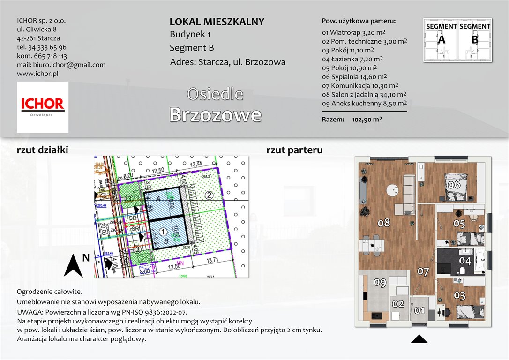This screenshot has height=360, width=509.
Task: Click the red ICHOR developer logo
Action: [43, 107]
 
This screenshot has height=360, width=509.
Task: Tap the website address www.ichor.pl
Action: [37, 74]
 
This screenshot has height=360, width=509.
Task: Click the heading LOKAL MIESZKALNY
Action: [217, 22]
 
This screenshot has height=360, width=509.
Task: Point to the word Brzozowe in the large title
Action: [215, 114]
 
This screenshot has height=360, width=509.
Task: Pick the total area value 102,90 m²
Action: [367, 120]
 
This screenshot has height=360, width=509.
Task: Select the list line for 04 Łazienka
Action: [352, 59]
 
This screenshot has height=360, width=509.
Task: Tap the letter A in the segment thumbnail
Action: [441, 40]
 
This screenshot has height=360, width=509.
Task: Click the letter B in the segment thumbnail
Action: [474, 40]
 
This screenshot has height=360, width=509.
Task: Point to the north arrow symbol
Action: [74, 265]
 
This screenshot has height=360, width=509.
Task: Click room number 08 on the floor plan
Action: [384, 223]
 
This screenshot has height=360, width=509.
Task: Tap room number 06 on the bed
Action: [454, 184]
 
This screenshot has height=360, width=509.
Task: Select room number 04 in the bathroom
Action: [464, 261]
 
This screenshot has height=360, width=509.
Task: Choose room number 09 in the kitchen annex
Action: [380, 282]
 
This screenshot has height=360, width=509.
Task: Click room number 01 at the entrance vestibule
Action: [419, 310]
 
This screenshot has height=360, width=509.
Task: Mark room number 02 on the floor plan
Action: [398, 304]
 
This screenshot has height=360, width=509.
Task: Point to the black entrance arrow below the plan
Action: [419, 339]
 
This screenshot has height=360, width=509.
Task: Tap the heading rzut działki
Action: [43, 150]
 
